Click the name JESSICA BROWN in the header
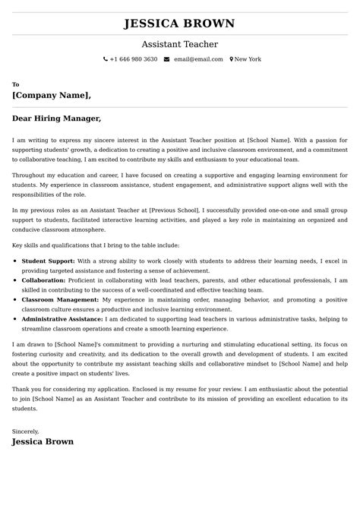tap(179, 24)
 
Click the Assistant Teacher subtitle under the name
tap(179, 44)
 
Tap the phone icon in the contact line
tap(106, 59)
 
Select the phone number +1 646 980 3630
tap(134, 59)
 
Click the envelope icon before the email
tap(166, 59)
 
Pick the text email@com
tap(198, 59)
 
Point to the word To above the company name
tap(16, 84)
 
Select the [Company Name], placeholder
tap(52, 96)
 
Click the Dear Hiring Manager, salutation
tap(56, 119)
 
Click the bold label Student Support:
tap(48, 261)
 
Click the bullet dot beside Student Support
tap(16, 261)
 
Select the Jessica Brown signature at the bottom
tap(43, 441)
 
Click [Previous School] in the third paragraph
tap(175, 208)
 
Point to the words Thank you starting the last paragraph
tap(26, 389)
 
